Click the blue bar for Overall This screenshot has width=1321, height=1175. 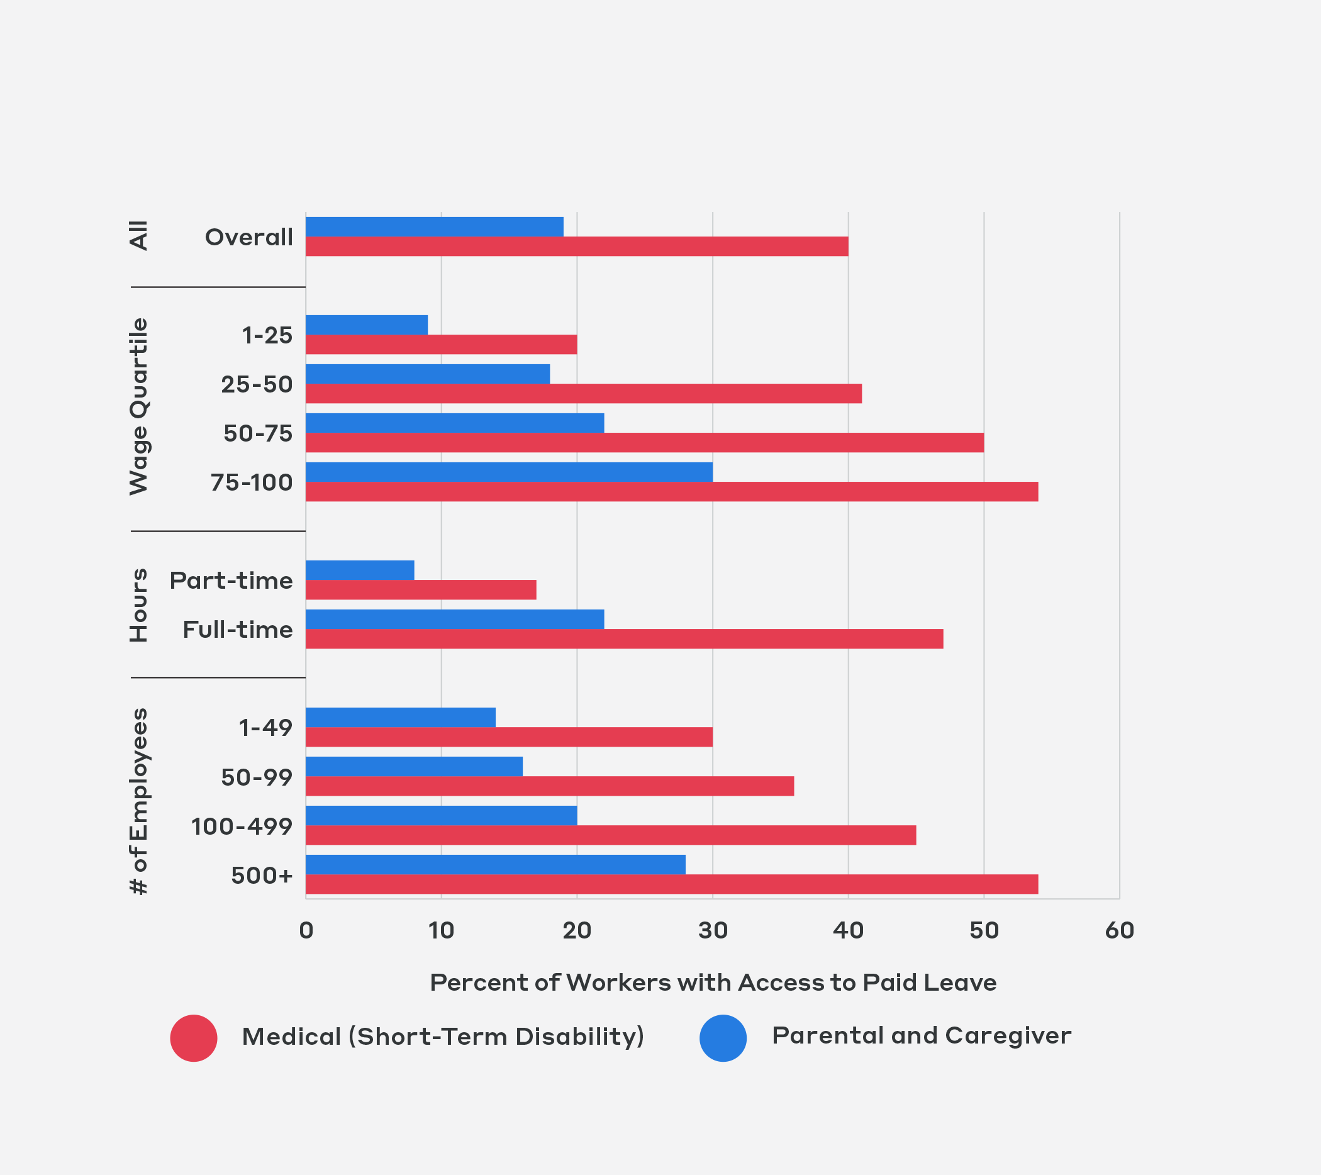tap(434, 227)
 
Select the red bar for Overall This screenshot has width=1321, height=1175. tap(576, 246)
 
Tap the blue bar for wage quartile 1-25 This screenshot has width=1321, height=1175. tap(367, 325)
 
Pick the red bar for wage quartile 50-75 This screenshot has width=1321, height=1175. tap(644, 443)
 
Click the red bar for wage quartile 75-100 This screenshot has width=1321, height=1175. tap(671, 492)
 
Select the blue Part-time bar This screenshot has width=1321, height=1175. tap(360, 570)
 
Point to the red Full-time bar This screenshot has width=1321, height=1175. tap(624, 638)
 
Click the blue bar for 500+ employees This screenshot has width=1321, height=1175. tap(495, 864)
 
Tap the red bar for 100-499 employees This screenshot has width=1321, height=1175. tap(611, 835)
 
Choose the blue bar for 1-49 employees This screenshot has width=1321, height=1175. tap(401, 718)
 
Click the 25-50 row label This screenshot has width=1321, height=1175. tap(257, 384)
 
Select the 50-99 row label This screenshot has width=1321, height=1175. tap(257, 777)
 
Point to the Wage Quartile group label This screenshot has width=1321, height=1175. tap(138, 406)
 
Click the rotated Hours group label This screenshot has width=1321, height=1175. tap(138, 605)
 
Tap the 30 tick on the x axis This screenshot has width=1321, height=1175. tap(713, 931)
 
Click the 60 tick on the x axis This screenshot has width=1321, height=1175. tap(1119, 931)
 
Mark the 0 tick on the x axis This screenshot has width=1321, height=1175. tap(306, 931)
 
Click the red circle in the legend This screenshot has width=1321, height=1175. tap(194, 1038)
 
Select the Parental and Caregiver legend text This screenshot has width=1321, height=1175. tap(921, 1035)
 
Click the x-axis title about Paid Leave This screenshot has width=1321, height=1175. tap(713, 983)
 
